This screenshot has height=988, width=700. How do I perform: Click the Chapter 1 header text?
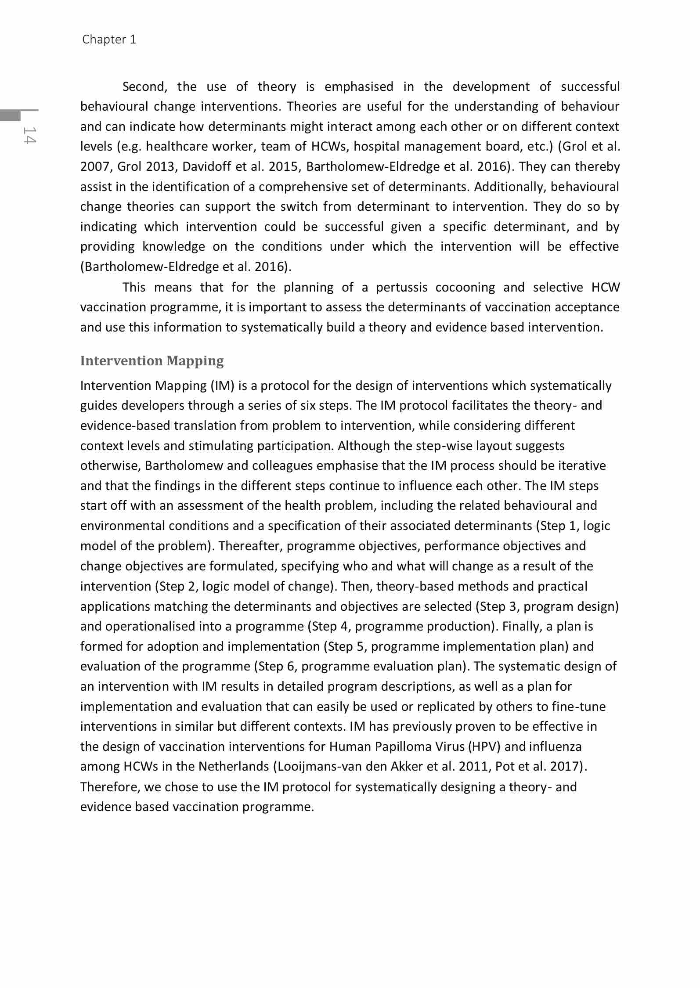[x=109, y=40]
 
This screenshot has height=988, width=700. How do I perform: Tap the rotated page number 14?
[x=29, y=135]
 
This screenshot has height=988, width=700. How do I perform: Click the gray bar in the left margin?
[x=10, y=115]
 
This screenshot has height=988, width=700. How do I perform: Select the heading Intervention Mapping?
[x=152, y=361]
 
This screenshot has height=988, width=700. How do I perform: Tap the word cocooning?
[x=465, y=287]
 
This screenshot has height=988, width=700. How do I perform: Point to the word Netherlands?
[x=233, y=766]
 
